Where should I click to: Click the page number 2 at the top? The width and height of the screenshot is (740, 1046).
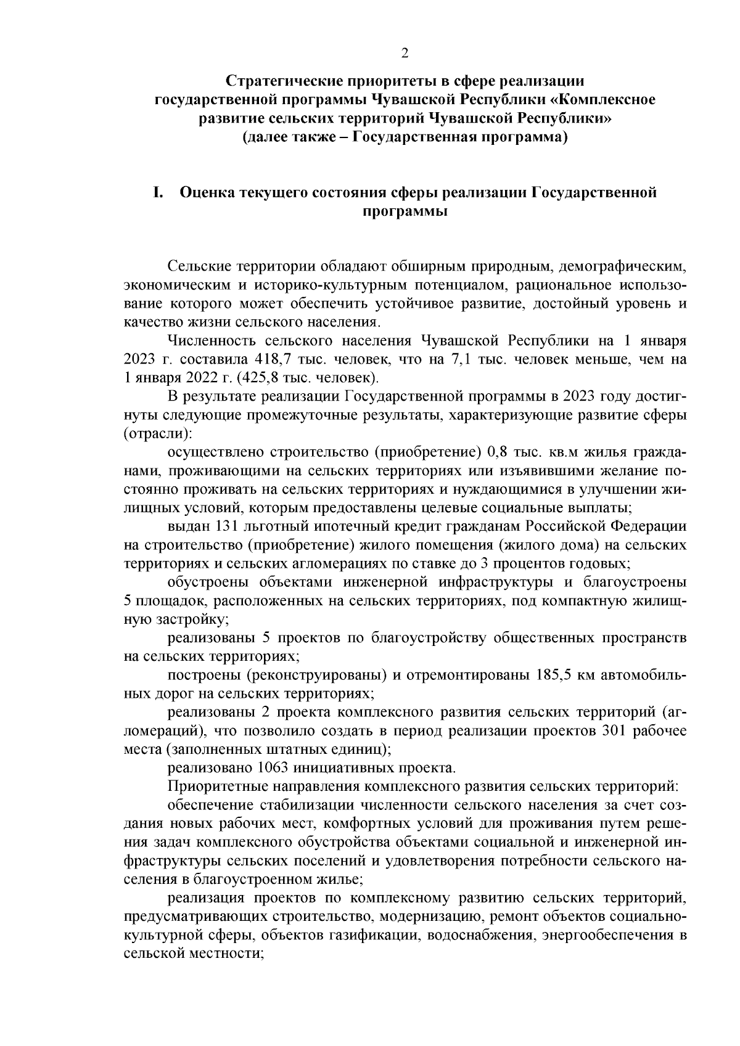405,54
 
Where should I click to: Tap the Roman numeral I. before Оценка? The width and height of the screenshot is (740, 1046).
158,193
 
